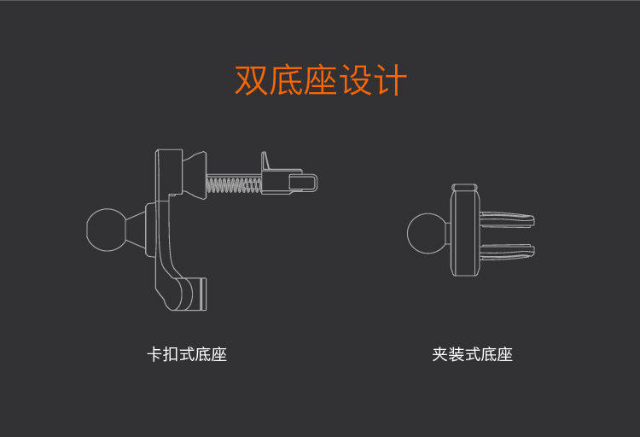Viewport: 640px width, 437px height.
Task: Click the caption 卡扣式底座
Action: (188, 354)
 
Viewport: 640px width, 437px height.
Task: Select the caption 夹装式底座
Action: (472, 354)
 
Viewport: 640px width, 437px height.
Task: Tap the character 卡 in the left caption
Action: (155, 354)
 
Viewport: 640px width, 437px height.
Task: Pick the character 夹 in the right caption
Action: (440, 354)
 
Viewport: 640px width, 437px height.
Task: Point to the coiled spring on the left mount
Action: (233, 183)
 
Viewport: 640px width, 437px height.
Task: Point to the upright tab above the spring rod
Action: (266, 161)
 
